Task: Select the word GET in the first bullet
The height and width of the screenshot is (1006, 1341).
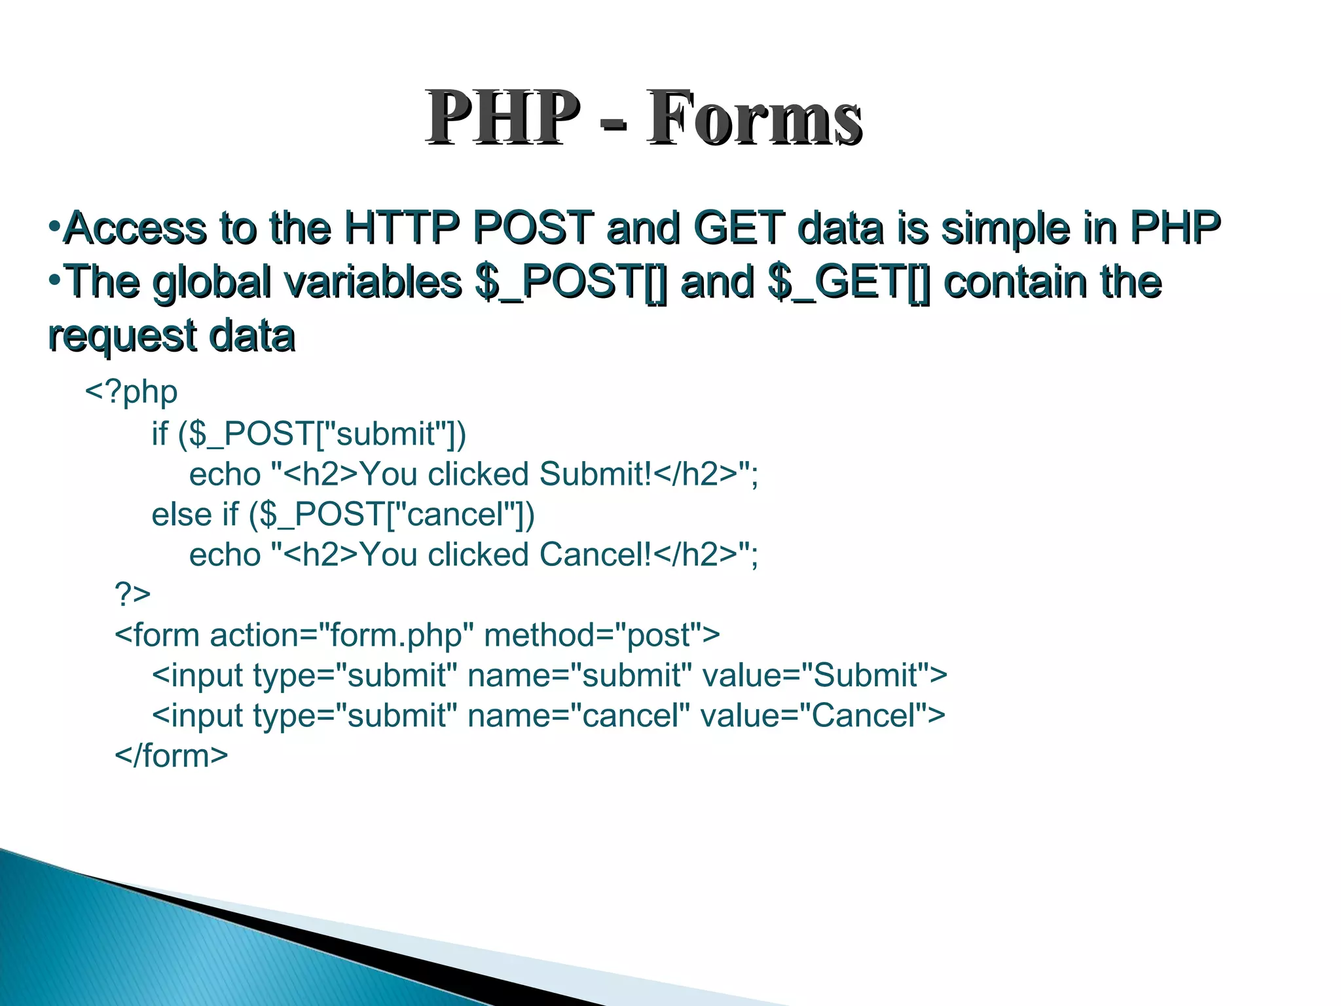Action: [739, 228]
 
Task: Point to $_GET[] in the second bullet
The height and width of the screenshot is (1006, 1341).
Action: [849, 282]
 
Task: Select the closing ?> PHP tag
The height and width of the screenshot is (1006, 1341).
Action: [132, 594]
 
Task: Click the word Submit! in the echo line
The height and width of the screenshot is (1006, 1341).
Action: [595, 474]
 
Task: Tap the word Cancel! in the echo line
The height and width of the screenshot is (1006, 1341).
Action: [595, 555]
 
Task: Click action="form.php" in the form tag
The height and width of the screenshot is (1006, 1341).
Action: [342, 635]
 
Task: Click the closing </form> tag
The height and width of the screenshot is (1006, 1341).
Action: [172, 756]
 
